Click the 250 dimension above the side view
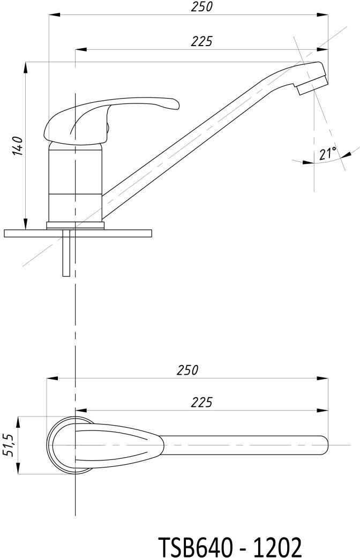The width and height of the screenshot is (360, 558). pos(201,7)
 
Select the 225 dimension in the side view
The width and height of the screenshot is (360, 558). pos(201,41)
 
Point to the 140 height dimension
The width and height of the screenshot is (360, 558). pos(18,145)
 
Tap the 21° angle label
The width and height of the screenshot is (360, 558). pos(328,154)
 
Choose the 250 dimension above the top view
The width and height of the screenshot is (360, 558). pos(187,370)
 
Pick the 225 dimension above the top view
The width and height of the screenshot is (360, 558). pos(201,402)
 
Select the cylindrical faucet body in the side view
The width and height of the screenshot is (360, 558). pos(75,182)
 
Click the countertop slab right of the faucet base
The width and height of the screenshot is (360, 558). pos(128,234)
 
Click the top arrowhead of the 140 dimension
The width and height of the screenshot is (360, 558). pos(25,68)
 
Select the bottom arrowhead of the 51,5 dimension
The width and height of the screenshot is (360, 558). pos(18,468)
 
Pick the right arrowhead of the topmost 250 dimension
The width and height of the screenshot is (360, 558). pos(322,15)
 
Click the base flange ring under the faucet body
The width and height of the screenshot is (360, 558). pos(76,225)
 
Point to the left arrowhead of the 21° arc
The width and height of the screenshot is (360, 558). pos(308,162)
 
